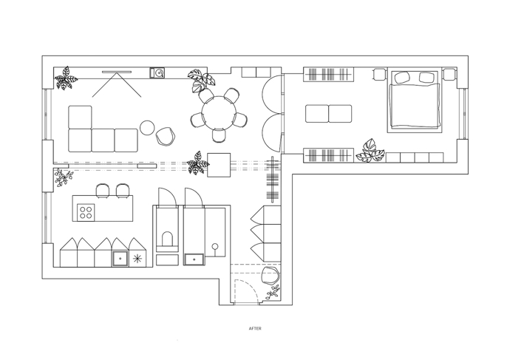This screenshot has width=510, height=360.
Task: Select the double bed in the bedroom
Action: pos(415,101)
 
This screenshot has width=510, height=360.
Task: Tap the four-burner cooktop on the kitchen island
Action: pos(86,212)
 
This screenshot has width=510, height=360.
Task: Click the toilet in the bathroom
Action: pos(167,240)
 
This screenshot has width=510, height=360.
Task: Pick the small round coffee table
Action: pos(146,127)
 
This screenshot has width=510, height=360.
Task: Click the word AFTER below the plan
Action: pos(255,328)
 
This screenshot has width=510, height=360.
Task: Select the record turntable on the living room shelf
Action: pos(157,72)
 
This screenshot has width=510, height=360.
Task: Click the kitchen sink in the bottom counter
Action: pos(120,259)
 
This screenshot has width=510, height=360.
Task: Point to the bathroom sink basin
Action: pos(194,259)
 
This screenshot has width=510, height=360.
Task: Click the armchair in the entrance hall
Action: pos(271,276)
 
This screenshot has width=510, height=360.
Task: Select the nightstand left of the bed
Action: pos(379,74)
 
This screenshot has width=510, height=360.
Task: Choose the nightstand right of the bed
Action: pos(449,74)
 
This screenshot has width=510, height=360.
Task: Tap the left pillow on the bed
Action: pos(402,77)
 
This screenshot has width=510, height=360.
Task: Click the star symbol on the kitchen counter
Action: pos(137,259)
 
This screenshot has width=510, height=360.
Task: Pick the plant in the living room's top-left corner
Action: pos(67,78)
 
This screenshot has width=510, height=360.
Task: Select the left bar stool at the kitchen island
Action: pos(103,191)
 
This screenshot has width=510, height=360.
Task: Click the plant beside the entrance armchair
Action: pos(273,292)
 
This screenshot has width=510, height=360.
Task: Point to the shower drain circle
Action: pos(214,246)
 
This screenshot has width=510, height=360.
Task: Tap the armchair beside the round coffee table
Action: pos(166,136)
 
